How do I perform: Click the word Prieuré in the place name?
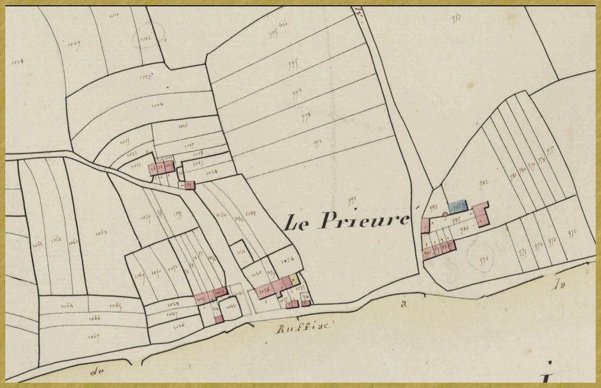tap(364, 219)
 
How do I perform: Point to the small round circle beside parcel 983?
tap(445, 215)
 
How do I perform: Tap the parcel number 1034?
tap(289, 260)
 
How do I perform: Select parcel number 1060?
tap(102, 232)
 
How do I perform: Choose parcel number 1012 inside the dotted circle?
tap(145, 38)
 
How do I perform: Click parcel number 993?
tap(306, 116)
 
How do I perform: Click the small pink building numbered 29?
tap(189, 185)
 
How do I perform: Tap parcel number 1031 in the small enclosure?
tap(240, 252)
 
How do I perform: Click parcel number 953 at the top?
tap(456, 18)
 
